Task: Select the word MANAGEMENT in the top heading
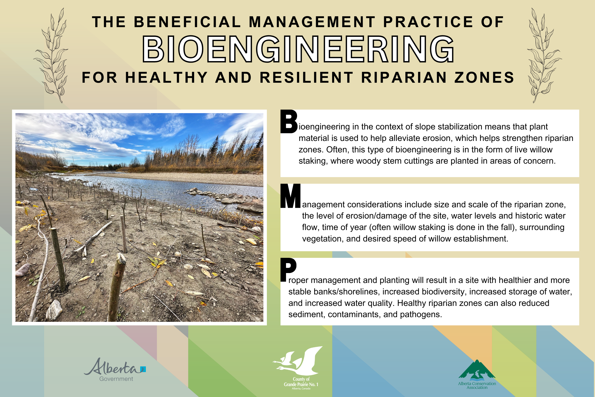312,22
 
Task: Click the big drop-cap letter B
289,121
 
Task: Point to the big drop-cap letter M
290,196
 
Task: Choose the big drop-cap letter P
288,270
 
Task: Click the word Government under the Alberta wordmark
116,379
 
